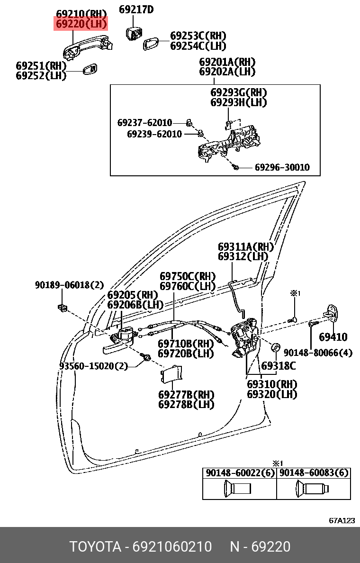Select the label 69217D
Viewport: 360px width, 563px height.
136,9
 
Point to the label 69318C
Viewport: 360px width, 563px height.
279,366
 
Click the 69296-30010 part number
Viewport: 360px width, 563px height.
282,167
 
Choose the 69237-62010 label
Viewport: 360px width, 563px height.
144,123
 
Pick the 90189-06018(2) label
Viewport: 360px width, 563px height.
69,285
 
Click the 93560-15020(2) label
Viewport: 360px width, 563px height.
93,366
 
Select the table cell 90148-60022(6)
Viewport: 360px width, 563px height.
239,473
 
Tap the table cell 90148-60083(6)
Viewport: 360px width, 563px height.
314,473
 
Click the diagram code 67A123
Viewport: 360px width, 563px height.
342,520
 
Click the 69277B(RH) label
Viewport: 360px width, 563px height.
186,395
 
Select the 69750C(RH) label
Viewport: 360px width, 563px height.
188,276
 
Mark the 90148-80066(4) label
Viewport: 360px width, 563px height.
318,353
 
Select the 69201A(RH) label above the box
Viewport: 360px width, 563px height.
227,62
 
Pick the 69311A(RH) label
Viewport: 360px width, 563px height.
246,247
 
